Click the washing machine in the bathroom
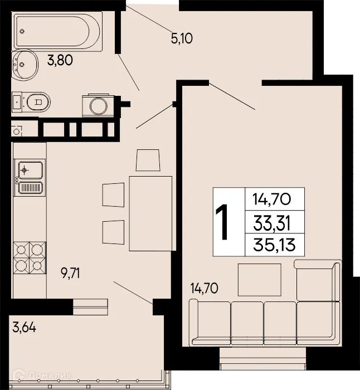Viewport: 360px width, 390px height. click(x=97, y=105)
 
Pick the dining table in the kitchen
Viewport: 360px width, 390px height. click(x=150, y=213)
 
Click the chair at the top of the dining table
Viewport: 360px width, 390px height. click(x=148, y=161)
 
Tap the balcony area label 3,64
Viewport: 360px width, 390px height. click(x=24, y=328)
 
